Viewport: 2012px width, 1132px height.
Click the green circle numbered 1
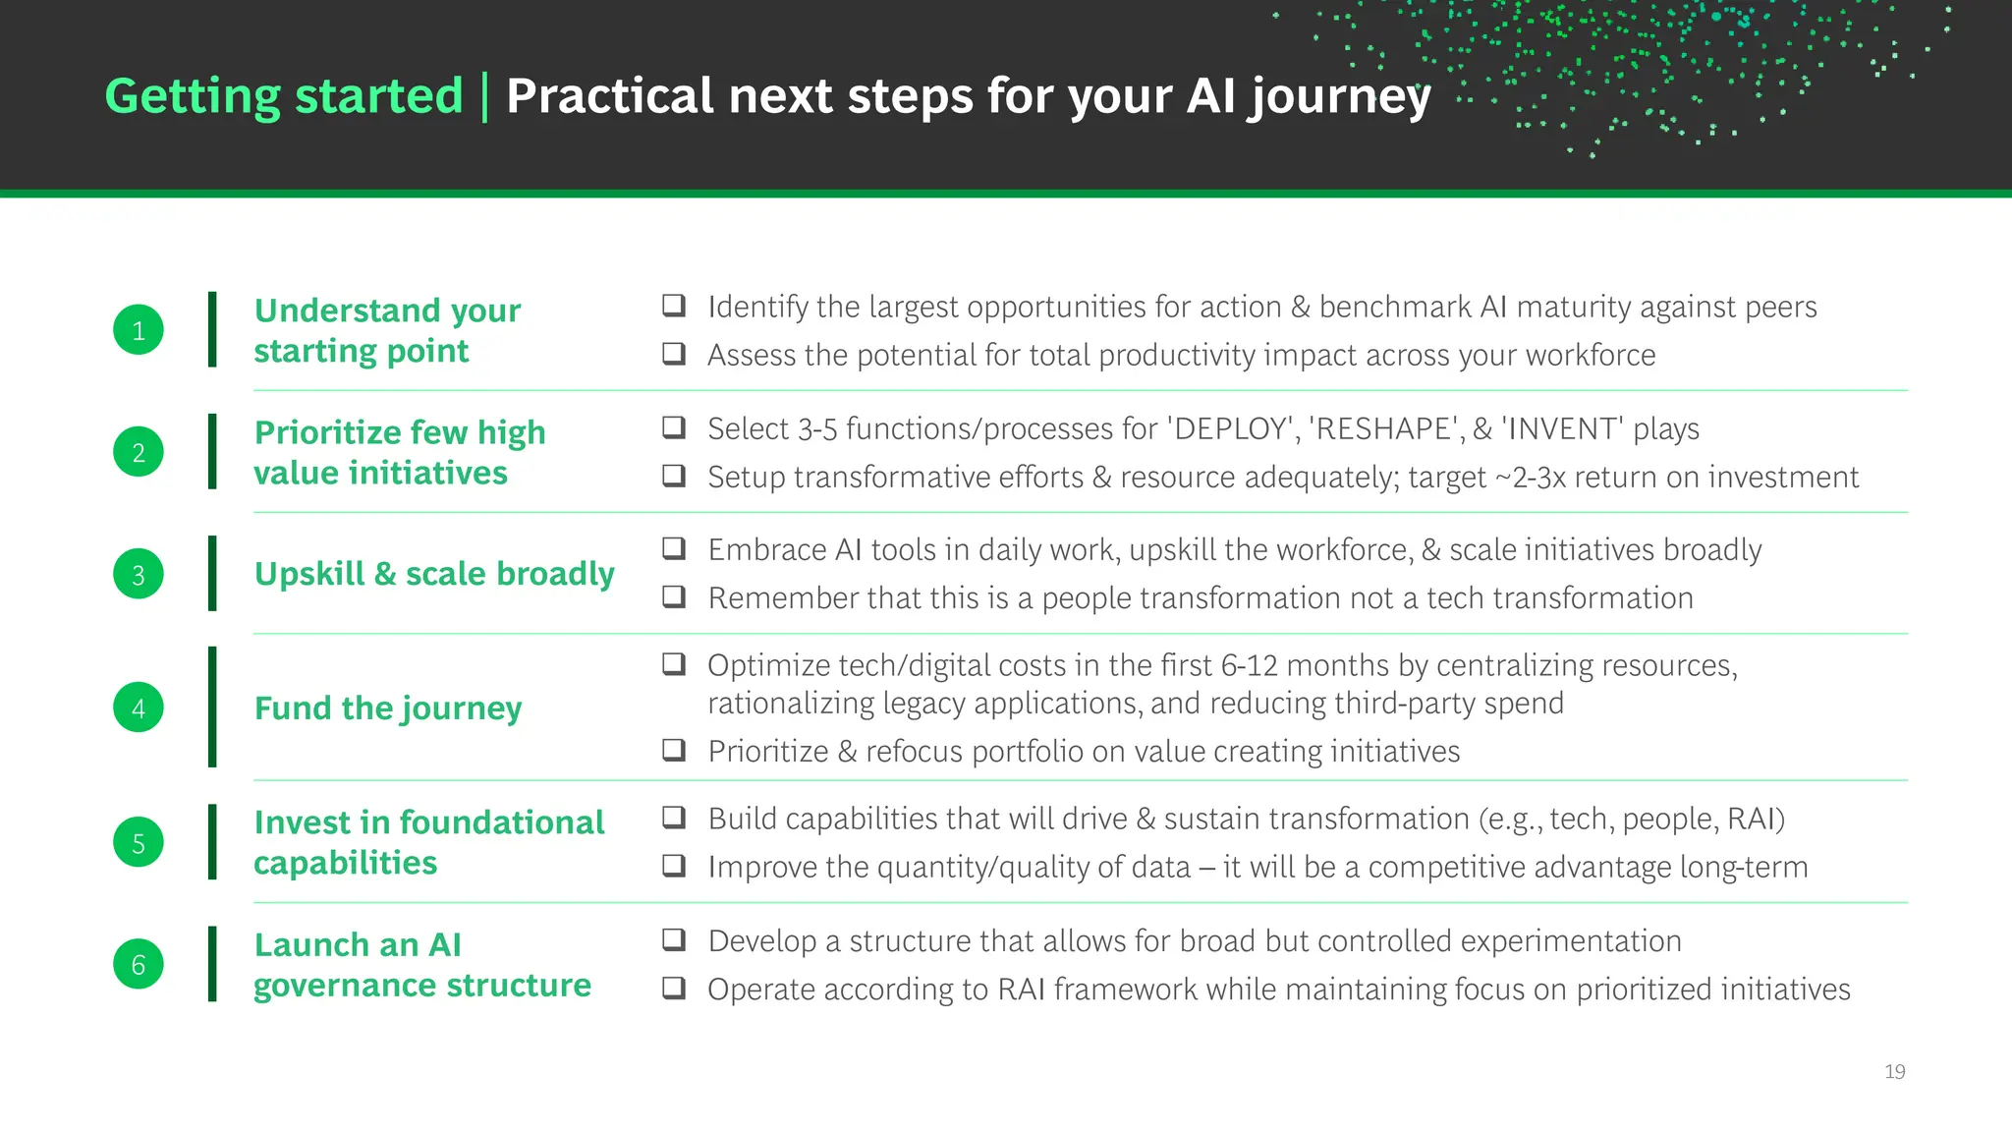click(139, 330)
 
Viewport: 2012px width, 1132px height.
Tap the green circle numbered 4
click(139, 707)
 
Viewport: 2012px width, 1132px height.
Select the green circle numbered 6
click(139, 964)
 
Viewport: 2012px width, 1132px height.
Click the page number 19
click(1894, 1071)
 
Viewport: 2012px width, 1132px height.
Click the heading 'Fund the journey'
click(388, 708)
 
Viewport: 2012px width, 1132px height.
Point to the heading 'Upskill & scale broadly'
click(434, 574)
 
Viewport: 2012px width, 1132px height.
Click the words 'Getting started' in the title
click(284, 96)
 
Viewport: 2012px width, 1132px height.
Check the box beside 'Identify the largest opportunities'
click(674, 306)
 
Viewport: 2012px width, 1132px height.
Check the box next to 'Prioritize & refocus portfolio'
click(674, 751)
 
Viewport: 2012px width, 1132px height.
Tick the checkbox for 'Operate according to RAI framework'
click(674, 988)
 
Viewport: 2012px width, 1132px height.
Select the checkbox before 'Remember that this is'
click(674, 596)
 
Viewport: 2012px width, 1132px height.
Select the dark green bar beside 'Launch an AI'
click(212, 964)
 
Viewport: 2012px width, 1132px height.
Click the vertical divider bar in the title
click(484, 96)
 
